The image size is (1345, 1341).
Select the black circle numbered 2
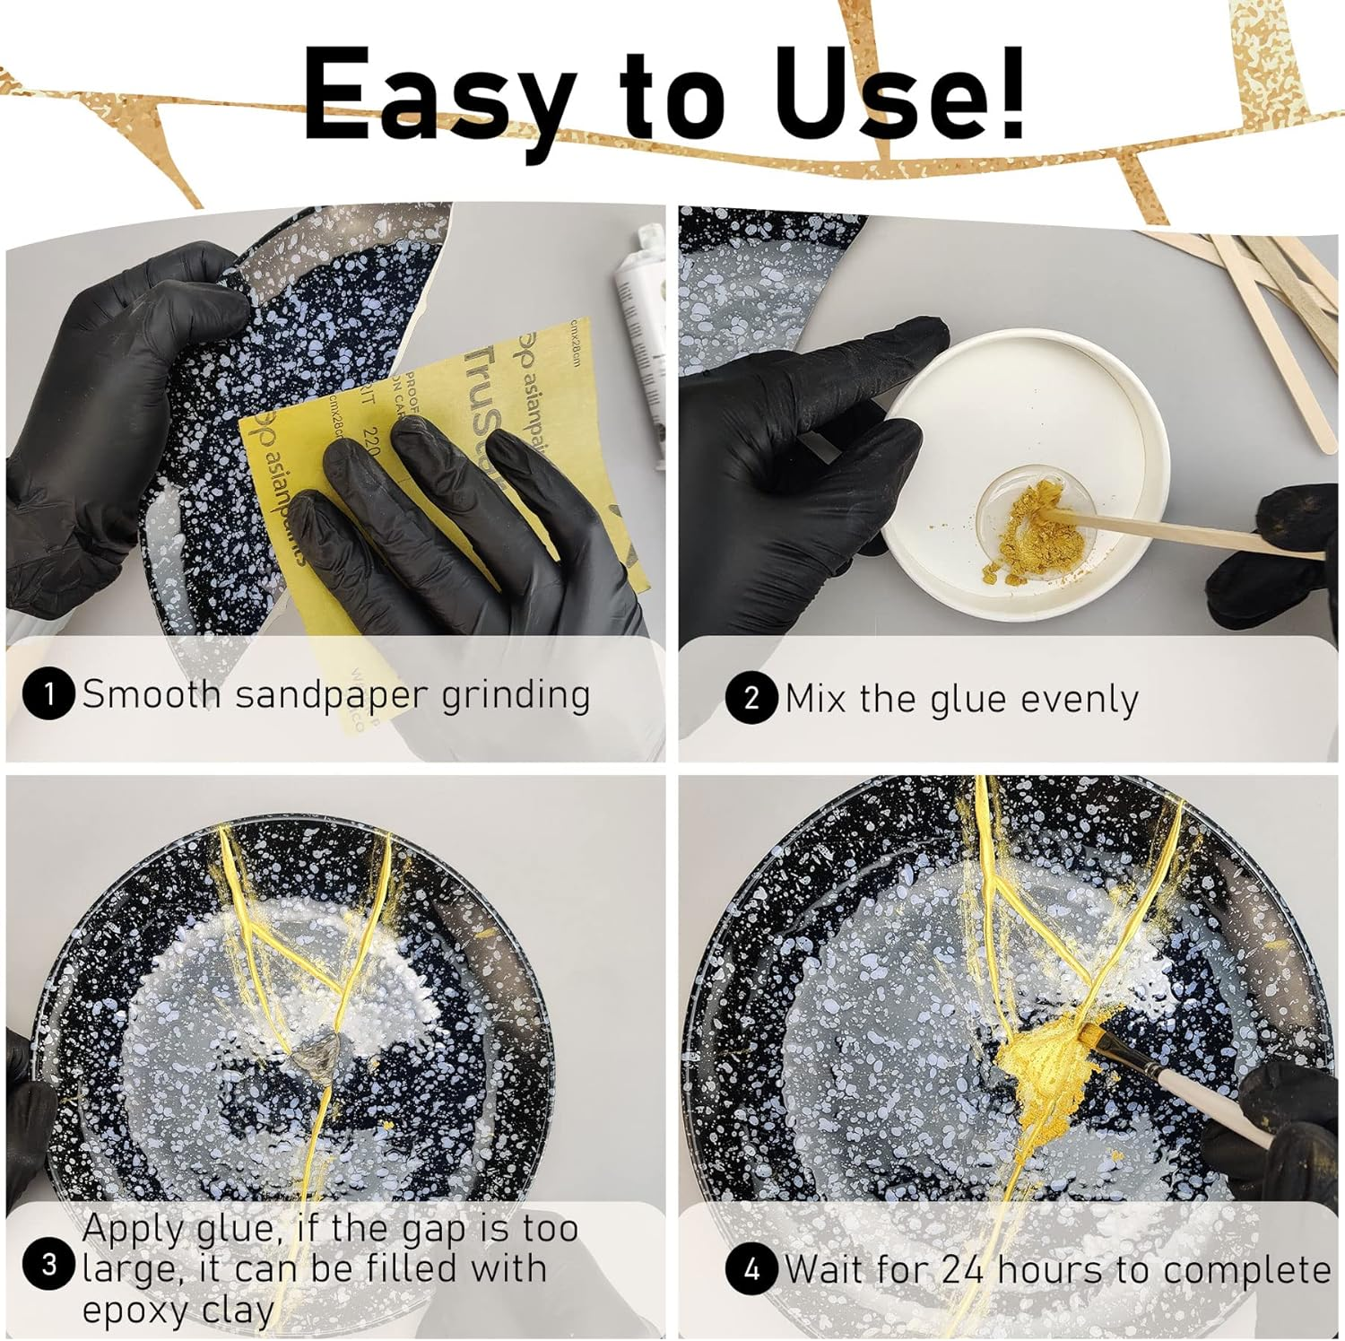point(751,699)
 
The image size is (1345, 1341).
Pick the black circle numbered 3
point(48,1266)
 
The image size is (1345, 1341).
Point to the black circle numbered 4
point(751,1269)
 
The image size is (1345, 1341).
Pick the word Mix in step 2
point(814,699)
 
